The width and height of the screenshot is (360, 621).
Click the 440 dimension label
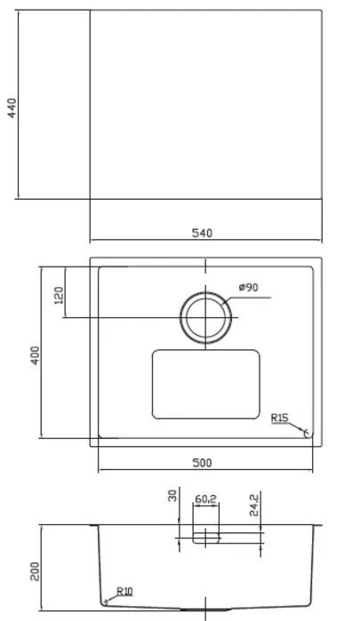[x=12, y=108]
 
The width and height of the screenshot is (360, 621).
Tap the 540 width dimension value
[x=202, y=234]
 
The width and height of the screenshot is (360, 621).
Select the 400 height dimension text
[x=36, y=355]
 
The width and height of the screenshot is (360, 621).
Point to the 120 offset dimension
[x=59, y=296]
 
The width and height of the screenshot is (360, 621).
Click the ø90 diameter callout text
[x=249, y=287]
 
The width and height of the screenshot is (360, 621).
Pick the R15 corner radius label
[x=280, y=418]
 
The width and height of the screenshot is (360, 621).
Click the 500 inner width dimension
[x=202, y=463]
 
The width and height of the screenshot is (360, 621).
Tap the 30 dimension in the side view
[x=172, y=496]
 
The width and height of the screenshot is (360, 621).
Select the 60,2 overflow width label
[x=205, y=499]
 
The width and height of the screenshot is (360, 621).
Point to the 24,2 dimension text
[x=254, y=505]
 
